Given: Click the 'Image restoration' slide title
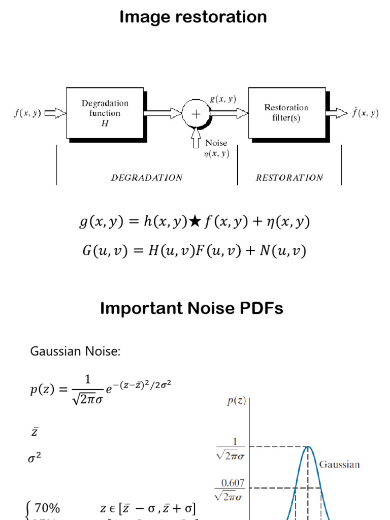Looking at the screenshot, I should tap(193, 17).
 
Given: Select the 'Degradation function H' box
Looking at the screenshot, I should tap(105, 113).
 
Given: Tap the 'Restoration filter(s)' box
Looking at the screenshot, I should tap(286, 113).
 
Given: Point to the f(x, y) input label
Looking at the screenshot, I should tap(27, 113).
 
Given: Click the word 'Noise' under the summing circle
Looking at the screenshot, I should tap(216, 143).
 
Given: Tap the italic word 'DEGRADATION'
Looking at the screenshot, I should tap(147, 178).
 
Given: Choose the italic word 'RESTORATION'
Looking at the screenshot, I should tap(289, 178).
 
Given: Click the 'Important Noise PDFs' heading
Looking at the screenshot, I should tap(191, 308).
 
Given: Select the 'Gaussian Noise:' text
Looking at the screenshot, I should tap(76, 351).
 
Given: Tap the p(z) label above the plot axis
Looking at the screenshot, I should tap(236, 401).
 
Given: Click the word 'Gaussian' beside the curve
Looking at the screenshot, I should tap(339, 464).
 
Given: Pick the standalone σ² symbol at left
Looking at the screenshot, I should tap(34, 458).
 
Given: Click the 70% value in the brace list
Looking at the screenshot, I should tap(47, 508).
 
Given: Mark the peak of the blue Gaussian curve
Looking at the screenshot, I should tap(308, 447).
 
